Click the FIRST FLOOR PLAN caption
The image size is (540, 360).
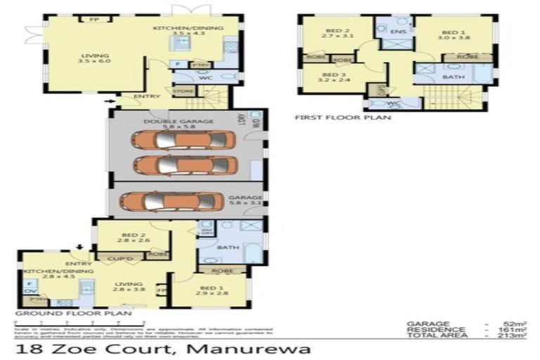(x=343, y=117)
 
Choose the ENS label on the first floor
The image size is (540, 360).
(x=398, y=32)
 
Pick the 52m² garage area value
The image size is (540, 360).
(x=518, y=323)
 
